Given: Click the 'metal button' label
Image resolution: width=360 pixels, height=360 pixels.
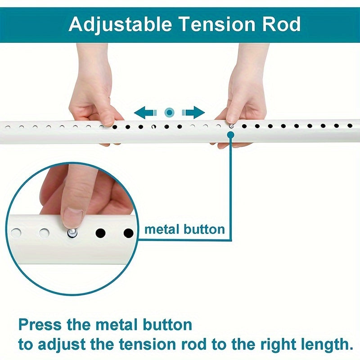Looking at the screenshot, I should point(184,229).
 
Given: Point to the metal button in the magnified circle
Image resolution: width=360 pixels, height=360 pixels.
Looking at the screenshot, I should point(72,232).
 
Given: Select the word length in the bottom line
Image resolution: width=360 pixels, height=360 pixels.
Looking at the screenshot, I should point(324,345).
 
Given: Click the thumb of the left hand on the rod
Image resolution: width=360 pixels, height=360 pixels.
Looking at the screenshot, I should point(107,118).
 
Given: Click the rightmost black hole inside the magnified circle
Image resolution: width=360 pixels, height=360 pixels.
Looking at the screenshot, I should point(129,233).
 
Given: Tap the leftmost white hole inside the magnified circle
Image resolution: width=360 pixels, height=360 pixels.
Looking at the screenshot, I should point(16,233).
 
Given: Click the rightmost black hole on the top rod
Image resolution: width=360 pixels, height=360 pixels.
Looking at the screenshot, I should point(350,126).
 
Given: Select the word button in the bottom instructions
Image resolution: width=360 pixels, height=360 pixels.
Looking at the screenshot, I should point(168,324).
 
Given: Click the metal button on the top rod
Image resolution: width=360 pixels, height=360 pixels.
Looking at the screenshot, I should point(231,126).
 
